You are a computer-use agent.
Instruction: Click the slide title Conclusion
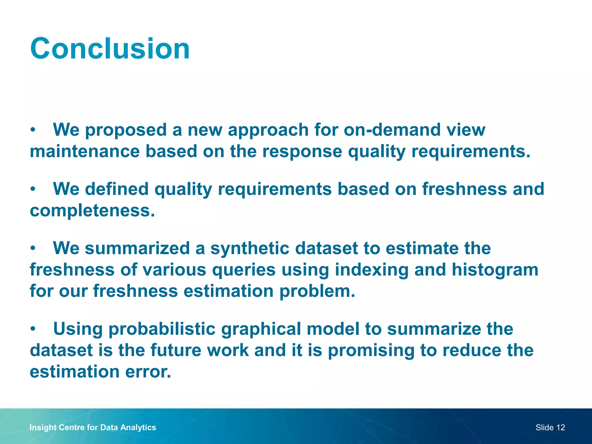(110, 49)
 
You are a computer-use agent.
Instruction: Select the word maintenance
(85, 151)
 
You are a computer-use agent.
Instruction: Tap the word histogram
(495, 270)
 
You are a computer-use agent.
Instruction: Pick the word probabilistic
(162, 329)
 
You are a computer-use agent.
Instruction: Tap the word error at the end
(148, 371)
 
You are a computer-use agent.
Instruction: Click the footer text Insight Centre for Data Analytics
(92, 427)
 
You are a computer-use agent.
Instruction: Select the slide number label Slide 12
(550, 427)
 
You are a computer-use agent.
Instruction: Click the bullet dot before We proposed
(33, 130)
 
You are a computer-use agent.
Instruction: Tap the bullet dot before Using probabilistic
(33, 329)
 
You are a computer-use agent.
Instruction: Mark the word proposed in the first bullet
(126, 130)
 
